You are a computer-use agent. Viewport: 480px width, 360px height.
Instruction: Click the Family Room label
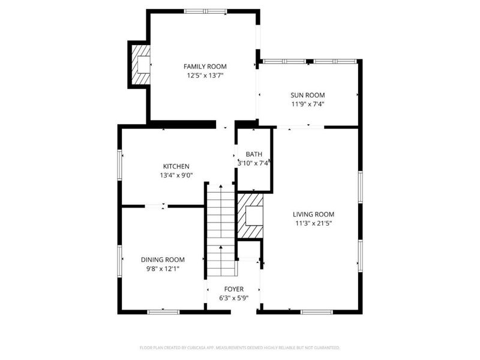pos(205,67)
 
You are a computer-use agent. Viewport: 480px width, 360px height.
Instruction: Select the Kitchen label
pos(176,166)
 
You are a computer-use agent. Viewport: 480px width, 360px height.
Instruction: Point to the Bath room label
pos(254,155)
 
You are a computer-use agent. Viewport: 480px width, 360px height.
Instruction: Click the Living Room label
pos(313,214)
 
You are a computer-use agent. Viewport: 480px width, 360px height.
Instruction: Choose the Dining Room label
pos(163,259)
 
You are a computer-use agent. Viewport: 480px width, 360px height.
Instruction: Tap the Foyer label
pos(233,289)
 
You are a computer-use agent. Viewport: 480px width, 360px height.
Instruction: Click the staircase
pos(220,228)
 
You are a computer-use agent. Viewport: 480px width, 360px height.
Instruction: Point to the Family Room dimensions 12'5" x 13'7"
pos(205,76)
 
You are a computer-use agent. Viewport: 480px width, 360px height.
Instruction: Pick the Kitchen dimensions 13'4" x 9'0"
pos(176,176)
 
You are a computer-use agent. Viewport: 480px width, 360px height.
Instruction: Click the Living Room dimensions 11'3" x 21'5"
pos(313,223)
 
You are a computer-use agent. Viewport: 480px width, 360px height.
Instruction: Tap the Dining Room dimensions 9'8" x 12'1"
pos(163,268)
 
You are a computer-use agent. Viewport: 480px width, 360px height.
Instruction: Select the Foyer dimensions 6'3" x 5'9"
pos(233,298)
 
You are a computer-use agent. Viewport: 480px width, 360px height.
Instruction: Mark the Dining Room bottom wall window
pos(163,311)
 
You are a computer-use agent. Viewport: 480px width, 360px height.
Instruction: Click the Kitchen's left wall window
pos(119,163)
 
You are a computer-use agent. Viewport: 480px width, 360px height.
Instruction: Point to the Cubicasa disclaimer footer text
pos(239,348)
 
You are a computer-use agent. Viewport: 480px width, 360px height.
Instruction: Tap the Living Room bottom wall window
pos(316,311)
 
